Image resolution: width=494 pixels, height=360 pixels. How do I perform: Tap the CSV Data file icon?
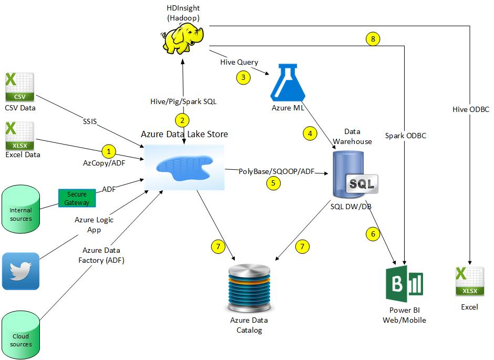tap(19, 87)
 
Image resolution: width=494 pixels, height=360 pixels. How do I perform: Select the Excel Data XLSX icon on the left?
tap(19, 136)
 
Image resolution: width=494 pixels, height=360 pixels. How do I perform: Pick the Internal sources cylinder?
tap(21, 210)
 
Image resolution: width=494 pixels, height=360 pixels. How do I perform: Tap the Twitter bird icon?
tap(20, 271)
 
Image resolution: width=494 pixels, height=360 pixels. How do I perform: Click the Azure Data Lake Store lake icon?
tap(184, 168)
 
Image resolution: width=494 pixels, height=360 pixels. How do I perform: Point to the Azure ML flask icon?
tap(287, 82)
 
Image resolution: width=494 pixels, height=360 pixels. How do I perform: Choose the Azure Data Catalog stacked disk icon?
tap(249, 288)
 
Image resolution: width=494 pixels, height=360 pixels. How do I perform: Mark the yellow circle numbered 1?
tap(108, 152)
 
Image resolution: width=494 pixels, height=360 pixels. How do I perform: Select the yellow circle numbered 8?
tap(372, 39)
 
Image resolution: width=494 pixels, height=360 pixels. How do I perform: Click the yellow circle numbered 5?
tap(273, 183)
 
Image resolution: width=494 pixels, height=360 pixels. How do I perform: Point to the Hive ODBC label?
tap(471, 109)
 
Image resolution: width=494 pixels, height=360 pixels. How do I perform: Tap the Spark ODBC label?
tap(405, 136)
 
